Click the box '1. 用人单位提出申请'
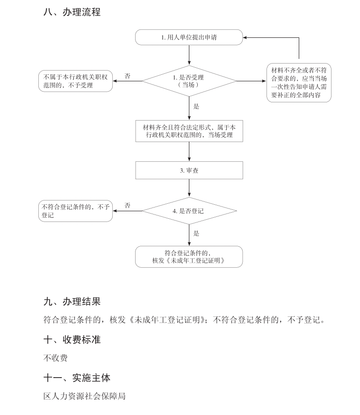click(x=189, y=37)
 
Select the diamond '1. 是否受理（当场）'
click(x=189, y=81)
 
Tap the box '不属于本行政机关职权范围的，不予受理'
click(x=75, y=81)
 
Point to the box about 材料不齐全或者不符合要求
click(x=299, y=82)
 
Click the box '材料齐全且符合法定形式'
click(x=189, y=131)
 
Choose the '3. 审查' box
click(x=189, y=171)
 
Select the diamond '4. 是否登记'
click(x=189, y=211)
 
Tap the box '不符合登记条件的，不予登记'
click(x=75, y=211)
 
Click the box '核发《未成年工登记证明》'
click(x=189, y=257)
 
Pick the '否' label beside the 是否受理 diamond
click(x=127, y=76)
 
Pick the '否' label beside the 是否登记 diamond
click(x=127, y=206)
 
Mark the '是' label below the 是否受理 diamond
click(x=196, y=107)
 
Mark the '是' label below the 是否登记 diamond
click(x=196, y=233)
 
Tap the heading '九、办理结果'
click(x=72, y=302)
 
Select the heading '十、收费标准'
click(x=72, y=340)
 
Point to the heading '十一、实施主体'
click(x=77, y=378)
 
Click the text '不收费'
click(x=56, y=358)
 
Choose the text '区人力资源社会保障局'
click(x=84, y=396)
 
